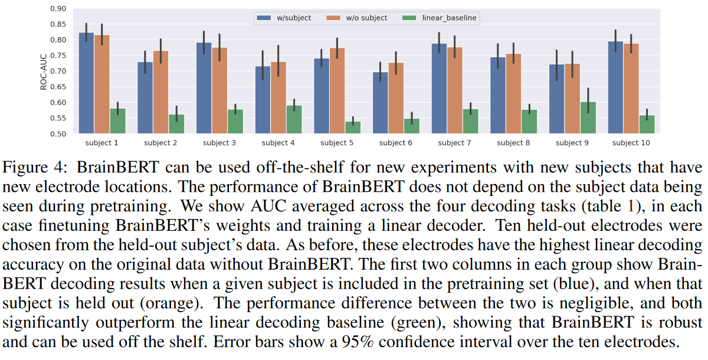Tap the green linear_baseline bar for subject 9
[588, 117]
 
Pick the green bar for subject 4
[294, 119]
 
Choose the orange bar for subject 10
[631, 88]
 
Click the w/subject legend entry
[284, 18]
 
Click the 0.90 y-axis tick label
[58, 9]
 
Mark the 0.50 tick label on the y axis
[58, 134]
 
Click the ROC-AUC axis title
[43, 71]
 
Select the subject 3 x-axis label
[219, 143]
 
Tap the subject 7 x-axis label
[454, 143]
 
